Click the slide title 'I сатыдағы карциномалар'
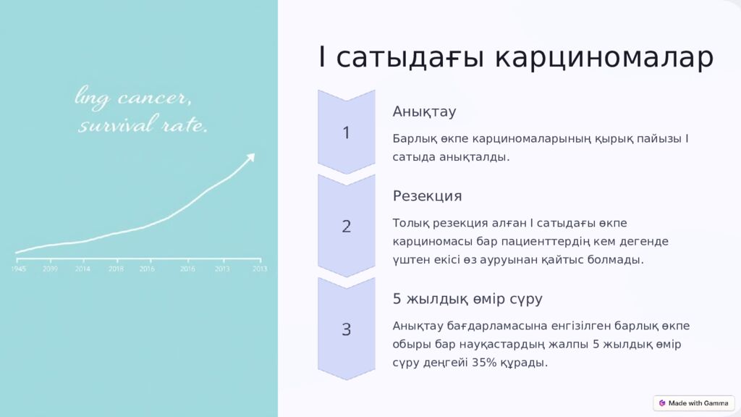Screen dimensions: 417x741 point(515,58)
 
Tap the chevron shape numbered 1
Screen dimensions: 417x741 point(346,132)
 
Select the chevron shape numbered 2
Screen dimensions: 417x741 point(346,226)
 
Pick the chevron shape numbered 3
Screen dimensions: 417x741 point(346,329)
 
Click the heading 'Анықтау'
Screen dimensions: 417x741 point(424,111)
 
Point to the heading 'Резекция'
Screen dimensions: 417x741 point(427,196)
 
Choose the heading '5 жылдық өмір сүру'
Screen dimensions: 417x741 point(467,299)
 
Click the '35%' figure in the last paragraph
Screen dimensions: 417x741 point(484,363)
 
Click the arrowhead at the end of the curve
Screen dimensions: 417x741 point(250,156)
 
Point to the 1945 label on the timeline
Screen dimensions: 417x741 point(19,269)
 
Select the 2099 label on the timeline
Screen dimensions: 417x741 point(50,269)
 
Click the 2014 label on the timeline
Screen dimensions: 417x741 point(82,269)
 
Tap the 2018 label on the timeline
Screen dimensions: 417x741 point(116,269)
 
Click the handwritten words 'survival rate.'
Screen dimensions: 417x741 point(143,126)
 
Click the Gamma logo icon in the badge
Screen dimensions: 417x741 point(662,403)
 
